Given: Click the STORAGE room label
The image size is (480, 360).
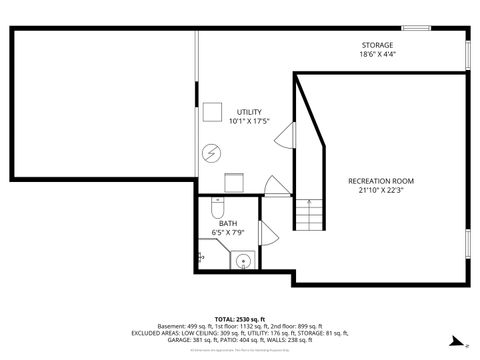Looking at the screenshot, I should click(377, 45).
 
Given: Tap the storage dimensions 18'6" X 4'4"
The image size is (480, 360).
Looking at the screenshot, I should click(377, 56).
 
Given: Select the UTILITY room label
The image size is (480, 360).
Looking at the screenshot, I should click(249, 111).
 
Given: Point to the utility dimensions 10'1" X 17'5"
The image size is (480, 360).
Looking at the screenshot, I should click(249, 122).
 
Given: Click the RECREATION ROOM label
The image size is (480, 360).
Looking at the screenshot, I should click(380, 180).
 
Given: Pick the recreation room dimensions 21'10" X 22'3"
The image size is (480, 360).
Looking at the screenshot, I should click(380, 191).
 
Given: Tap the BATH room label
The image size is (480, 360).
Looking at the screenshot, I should click(228, 223).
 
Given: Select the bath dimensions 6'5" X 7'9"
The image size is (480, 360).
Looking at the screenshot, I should click(228, 233).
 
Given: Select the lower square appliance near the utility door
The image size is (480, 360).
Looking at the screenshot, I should click(235, 181).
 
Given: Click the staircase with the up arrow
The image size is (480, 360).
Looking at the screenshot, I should click(309, 213).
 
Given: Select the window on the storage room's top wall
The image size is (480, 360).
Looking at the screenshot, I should click(416, 28).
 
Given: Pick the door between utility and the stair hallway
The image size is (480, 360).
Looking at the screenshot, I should click(284, 137).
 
